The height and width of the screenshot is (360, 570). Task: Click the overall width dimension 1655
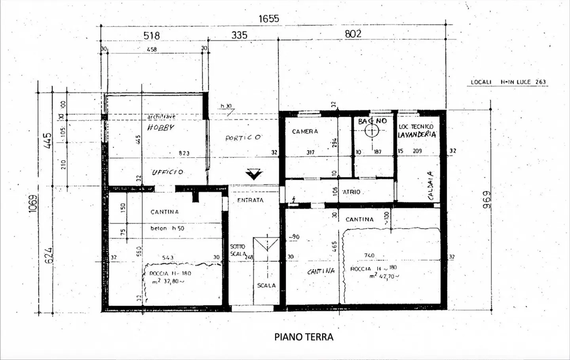[x=269, y=19]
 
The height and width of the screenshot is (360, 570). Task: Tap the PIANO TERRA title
[x=304, y=337]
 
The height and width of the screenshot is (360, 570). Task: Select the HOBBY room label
[x=161, y=128]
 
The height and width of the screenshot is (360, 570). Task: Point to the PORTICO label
[x=243, y=138]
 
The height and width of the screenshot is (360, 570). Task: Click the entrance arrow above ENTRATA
[x=253, y=174]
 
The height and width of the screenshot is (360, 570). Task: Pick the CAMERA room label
[x=305, y=131]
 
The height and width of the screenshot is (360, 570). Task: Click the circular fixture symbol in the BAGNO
[x=372, y=131]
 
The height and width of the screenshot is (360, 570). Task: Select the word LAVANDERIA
[x=417, y=135]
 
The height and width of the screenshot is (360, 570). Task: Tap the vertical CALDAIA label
[x=430, y=185]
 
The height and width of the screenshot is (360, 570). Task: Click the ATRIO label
[x=351, y=192]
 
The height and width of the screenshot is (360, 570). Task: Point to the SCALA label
[x=266, y=286]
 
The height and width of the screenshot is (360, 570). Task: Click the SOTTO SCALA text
[x=238, y=250]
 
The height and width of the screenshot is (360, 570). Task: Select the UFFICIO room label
[x=168, y=172]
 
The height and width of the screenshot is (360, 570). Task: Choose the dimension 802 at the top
[x=353, y=34]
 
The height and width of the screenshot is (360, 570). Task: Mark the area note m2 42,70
[x=384, y=276]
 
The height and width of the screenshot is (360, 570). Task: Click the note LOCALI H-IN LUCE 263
[x=508, y=82]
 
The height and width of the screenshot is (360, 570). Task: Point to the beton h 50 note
[x=167, y=229]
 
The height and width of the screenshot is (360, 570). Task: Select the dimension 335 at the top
[x=239, y=35]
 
